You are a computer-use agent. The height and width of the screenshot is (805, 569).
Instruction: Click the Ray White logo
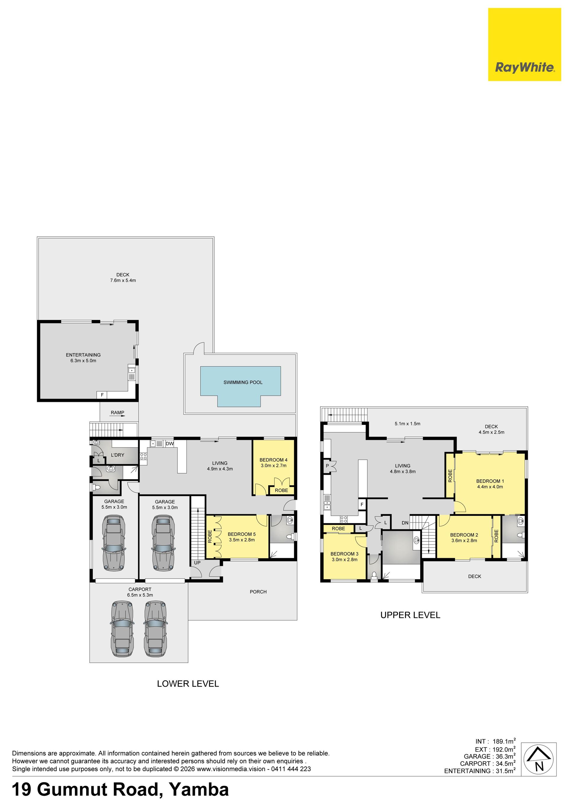[525, 44]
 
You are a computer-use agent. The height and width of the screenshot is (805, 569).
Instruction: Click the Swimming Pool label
[243, 382]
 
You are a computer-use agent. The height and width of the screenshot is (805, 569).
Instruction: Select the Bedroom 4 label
[273, 460]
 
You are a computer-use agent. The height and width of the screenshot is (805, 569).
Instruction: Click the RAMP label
[117, 412]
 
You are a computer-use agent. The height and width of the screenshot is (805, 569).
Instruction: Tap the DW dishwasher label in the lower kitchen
[170, 443]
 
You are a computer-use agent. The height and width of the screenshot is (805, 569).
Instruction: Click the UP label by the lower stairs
[197, 563]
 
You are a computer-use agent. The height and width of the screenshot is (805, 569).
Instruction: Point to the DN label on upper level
[405, 523]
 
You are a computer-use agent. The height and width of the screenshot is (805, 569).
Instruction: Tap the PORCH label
[258, 591]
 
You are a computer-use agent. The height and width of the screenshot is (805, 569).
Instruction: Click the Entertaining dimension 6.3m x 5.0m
[83, 360]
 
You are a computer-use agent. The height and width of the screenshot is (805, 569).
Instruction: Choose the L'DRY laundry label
[117, 455]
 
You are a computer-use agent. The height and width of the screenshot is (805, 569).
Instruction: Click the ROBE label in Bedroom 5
[210, 537]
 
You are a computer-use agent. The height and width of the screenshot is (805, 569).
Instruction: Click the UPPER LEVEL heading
[410, 615]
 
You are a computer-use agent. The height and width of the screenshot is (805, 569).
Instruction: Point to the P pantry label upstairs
[327, 466]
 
